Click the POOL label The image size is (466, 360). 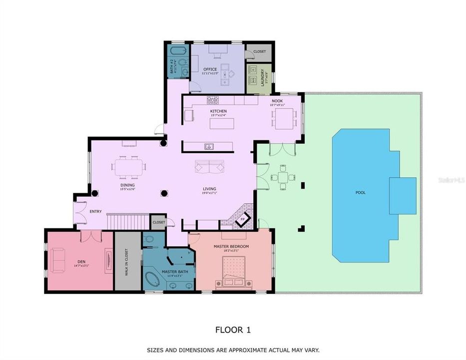[360, 192]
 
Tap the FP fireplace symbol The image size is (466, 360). [243, 219]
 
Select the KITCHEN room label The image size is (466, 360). [218, 111]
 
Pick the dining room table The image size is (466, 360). [129, 166]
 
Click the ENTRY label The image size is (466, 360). [95, 211]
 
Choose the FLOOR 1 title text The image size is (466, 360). [233, 329]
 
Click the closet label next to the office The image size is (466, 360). [260, 51]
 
